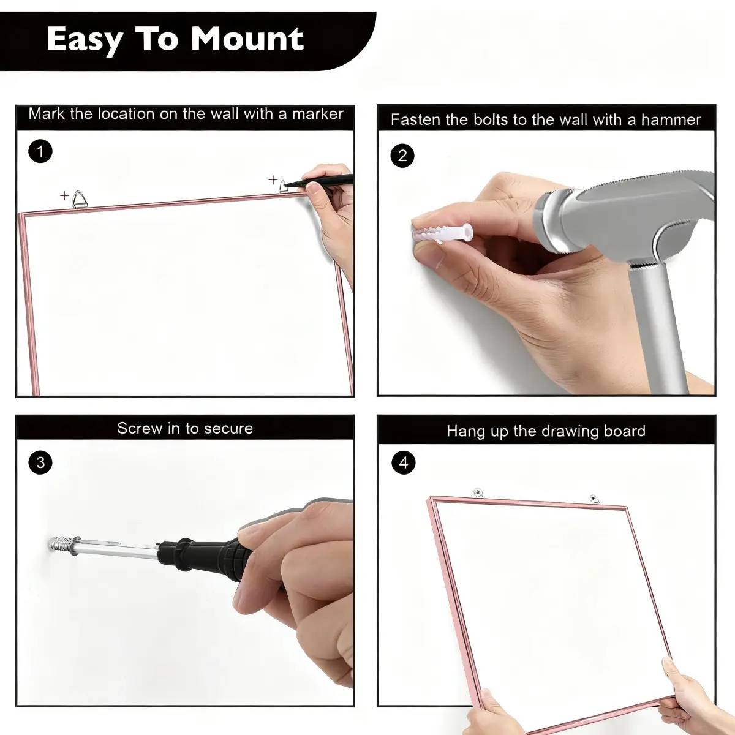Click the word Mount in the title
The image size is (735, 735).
coord(247,39)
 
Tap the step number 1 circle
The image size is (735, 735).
coord(40,151)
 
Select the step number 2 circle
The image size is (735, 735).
coord(402,156)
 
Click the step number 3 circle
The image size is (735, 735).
coord(40,462)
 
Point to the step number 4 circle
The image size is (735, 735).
coord(404,462)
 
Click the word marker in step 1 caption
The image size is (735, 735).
coord(318,114)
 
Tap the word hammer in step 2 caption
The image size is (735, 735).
coord(671,120)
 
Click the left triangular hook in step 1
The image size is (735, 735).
coord(79,198)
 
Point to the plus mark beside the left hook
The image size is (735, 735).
coord(64,195)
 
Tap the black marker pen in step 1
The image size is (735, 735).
coord(318,181)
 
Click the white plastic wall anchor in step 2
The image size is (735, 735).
coord(442,233)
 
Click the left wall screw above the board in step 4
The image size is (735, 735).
coord(477,493)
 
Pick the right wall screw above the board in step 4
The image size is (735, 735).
coord(594,499)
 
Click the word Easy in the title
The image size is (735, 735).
coord(85,40)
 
